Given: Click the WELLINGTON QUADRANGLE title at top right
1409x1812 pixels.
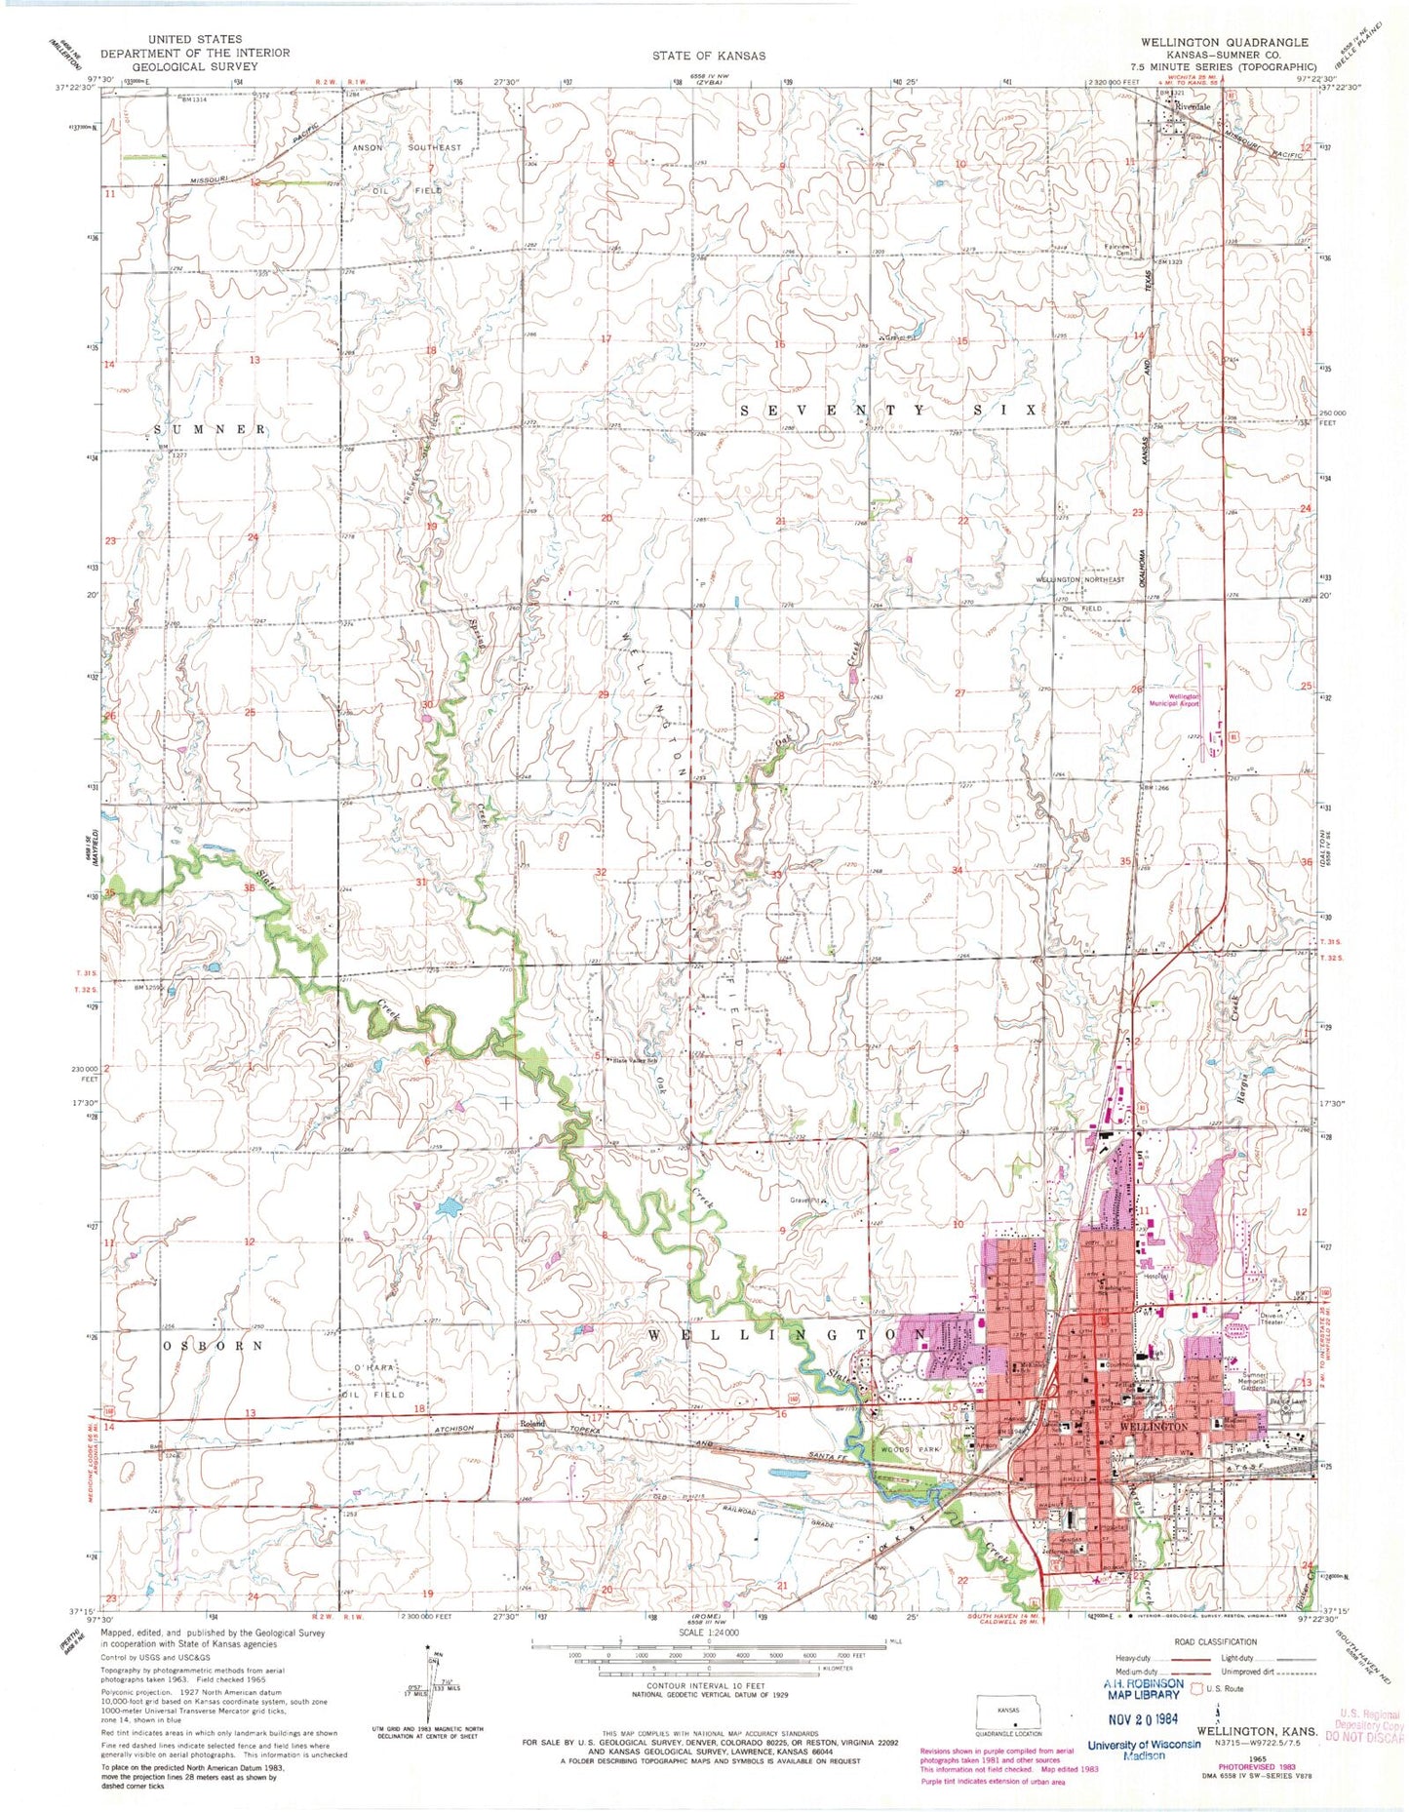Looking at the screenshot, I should [x=1224, y=43].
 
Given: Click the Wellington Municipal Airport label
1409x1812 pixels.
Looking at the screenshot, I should [x=1175, y=699].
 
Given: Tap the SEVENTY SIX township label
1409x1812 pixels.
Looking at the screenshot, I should [x=887, y=411].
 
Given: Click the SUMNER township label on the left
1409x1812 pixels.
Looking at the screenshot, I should [x=210, y=429].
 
